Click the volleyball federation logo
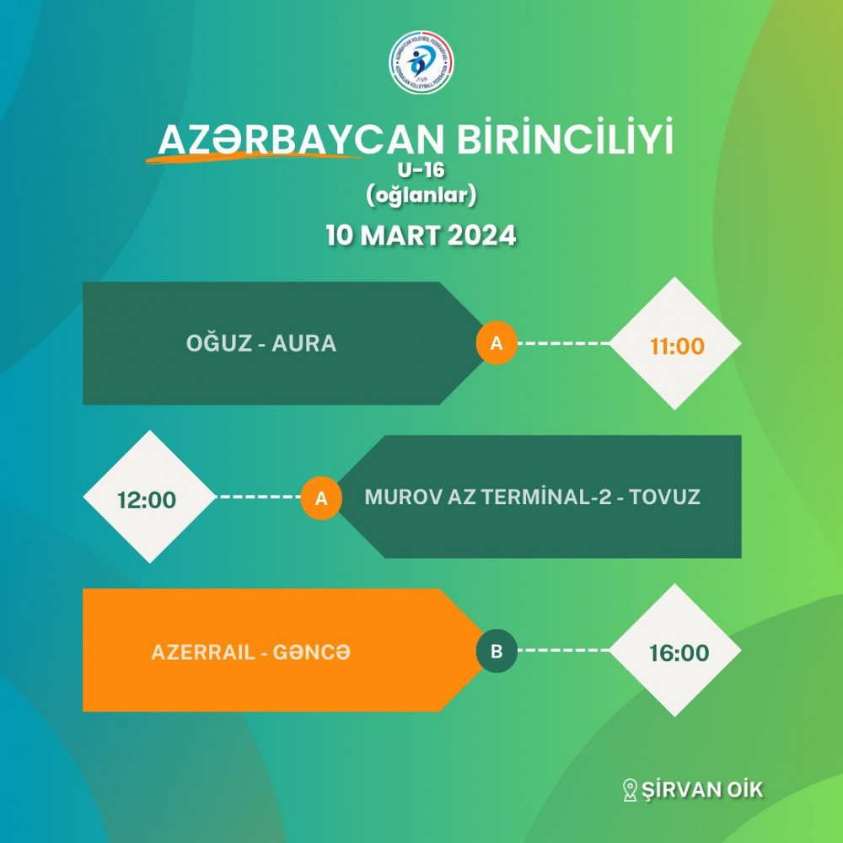tap(421, 62)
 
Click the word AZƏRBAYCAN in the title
tap(301, 140)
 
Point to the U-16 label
tap(421, 170)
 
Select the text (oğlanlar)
tap(421, 196)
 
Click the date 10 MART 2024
tap(421, 235)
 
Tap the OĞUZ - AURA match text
tap(261, 342)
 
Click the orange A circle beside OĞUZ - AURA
tap(497, 343)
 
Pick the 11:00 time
tap(677, 346)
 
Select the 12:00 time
tap(147, 500)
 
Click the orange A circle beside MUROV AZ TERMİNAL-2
tap(321, 498)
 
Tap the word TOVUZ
tap(664, 497)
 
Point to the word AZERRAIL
tap(203, 652)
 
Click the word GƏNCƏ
tap(311, 652)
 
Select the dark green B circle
tap(497, 651)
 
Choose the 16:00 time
tap(679, 653)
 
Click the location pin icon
tap(629, 791)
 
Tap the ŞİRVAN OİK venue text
tap(702, 789)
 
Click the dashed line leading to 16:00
tap(563, 651)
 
